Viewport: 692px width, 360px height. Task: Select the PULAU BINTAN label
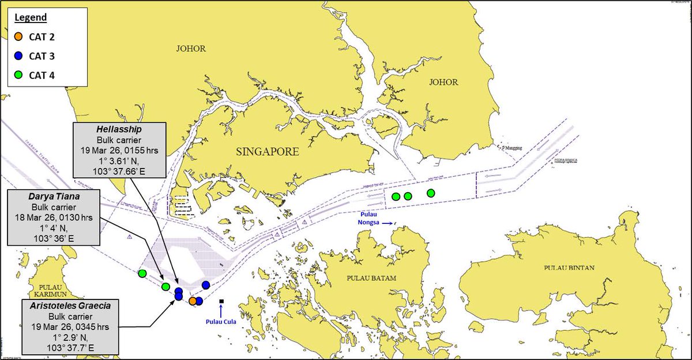point(569,268)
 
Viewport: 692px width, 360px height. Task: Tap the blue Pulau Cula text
point(221,321)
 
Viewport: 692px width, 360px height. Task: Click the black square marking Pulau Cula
point(221,301)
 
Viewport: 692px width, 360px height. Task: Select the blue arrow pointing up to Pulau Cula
point(221,311)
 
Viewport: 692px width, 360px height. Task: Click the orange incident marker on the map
point(193,301)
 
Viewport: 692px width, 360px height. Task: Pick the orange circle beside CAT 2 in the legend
point(18,37)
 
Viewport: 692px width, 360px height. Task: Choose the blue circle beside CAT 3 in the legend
point(18,56)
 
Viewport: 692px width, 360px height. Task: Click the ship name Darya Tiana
point(55,197)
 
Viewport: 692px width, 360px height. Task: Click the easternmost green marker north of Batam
point(430,193)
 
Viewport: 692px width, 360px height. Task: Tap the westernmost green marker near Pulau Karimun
point(142,273)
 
